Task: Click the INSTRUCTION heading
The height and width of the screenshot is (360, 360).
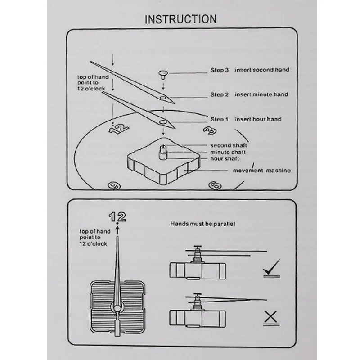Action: click(x=180, y=19)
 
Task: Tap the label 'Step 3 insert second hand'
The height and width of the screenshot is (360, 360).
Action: click(x=250, y=70)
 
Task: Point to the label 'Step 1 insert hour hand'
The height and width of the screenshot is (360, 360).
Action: click(x=246, y=119)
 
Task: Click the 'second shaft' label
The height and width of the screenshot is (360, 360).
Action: click(x=229, y=145)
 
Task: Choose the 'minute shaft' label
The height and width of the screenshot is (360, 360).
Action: click(x=229, y=152)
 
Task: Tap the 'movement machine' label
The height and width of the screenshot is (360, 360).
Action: click(x=261, y=171)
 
